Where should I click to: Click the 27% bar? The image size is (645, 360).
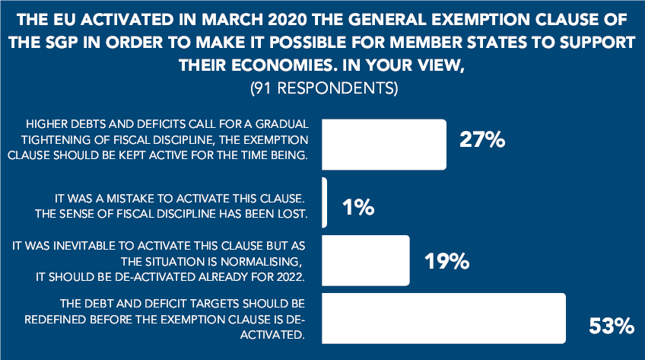click(x=384, y=145)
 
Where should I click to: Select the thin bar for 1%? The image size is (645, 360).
click(x=325, y=202)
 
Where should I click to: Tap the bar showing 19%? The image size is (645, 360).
click(x=366, y=260)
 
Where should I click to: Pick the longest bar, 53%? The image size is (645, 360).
click(x=443, y=318)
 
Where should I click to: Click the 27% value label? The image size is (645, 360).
click(x=482, y=139)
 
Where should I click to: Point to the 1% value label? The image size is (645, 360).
click(x=358, y=207)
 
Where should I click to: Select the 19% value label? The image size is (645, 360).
click(x=446, y=261)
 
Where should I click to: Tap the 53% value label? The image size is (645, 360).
click(x=612, y=326)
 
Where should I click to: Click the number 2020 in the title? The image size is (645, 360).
click(x=287, y=20)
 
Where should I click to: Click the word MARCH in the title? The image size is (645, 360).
click(x=233, y=20)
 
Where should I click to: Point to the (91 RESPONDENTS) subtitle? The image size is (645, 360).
click(x=324, y=88)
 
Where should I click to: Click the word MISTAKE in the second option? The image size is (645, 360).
click(x=130, y=199)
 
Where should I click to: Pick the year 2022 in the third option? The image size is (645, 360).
click(x=291, y=277)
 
